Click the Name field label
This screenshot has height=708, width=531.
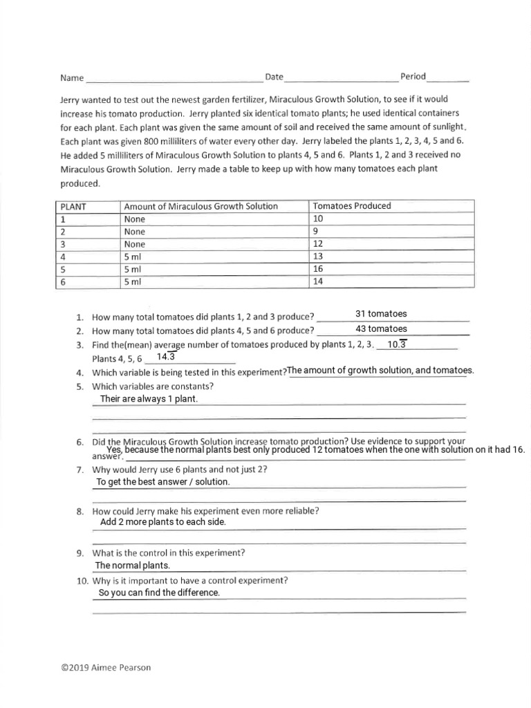tap(71, 78)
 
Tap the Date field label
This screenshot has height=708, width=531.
tap(274, 76)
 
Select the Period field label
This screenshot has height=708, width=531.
tap(413, 76)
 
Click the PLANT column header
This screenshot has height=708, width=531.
tap(73, 206)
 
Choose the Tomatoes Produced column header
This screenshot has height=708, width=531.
tap(352, 206)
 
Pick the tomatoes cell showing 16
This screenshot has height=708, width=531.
tap(318, 269)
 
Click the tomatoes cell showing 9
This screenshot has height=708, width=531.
tap(316, 232)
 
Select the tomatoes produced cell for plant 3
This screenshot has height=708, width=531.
tap(318, 244)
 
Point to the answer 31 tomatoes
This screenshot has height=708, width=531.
tap(381, 314)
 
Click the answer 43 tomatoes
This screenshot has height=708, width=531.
tap(381, 328)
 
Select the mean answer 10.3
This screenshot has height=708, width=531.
tap(397, 344)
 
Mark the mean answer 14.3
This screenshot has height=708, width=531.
tap(167, 357)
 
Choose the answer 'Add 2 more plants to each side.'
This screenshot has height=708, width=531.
tap(162, 522)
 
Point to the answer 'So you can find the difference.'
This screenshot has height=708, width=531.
tap(159, 593)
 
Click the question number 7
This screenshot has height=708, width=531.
tap(80, 469)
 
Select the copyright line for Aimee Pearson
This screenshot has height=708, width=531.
tap(105, 667)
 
